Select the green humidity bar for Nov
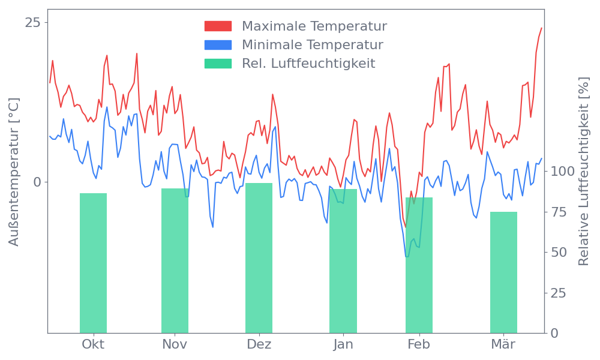coord(175,260)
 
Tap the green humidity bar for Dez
coord(259,258)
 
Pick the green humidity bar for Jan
coord(343,261)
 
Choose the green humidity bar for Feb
coord(419,265)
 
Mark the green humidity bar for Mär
coord(503,272)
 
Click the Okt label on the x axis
coord(93,344)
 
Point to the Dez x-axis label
coord(259,344)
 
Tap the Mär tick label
coord(503,344)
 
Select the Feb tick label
coord(419,344)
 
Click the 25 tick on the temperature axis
coord(33,22)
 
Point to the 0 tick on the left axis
coord(37,182)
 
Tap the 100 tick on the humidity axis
coord(563,171)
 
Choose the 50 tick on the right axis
coord(559,252)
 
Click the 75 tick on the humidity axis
coord(559,212)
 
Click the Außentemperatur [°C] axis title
coord(14,172)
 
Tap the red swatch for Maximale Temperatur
coord(218,26)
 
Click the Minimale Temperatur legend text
coord(313,45)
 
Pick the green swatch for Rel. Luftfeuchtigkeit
coord(218,64)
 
